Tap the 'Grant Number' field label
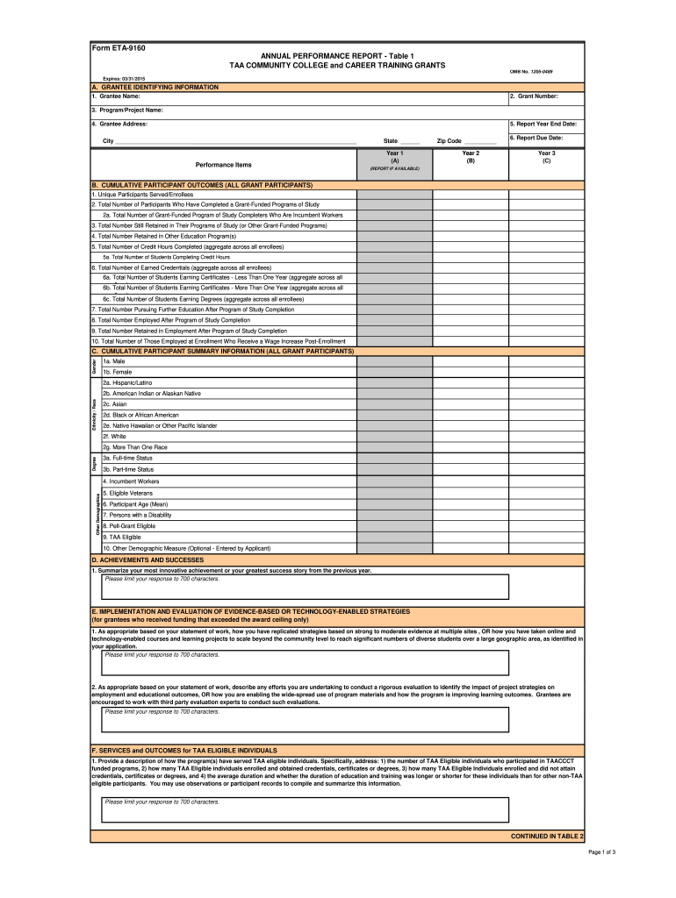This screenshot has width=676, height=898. point(534,96)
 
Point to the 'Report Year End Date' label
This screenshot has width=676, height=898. point(543,125)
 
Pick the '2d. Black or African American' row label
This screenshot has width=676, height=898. point(140,415)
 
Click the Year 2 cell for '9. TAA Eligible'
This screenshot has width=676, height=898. point(471,537)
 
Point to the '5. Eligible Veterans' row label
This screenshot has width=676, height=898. point(127,494)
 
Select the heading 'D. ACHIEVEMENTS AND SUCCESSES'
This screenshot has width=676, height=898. point(147,559)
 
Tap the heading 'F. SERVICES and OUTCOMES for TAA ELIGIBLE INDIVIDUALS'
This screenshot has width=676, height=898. point(184,751)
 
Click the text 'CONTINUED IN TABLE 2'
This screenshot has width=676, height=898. point(547,837)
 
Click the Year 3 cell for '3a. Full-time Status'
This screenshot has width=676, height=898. point(546,458)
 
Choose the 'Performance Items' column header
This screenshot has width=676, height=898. point(223,165)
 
